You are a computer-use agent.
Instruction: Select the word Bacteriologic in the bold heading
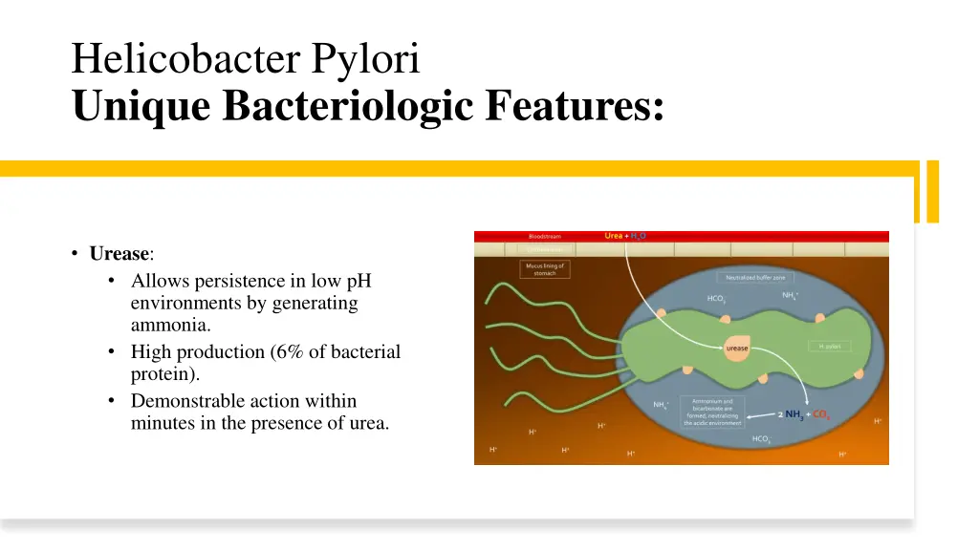click(349, 105)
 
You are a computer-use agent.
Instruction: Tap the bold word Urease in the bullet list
click(120, 254)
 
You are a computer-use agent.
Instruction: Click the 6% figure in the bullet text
click(286, 351)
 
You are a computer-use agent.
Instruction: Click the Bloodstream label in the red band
click(545, 236)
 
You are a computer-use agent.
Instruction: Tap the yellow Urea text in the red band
click(613, 236)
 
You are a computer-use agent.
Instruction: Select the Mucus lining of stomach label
click(545, 269)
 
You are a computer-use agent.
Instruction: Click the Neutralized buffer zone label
click(754, 277)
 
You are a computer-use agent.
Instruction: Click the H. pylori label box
click(829, 347)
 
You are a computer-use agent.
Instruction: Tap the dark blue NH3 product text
click(794, 414)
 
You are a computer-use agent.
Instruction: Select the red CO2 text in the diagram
click(821, 414)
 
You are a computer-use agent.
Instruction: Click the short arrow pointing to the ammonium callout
click(760, 415)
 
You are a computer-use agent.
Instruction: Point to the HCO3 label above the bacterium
click(716, 299)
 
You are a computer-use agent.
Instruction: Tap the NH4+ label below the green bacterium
click(661, 404)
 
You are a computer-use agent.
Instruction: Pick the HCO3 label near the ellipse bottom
click(761, 439)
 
